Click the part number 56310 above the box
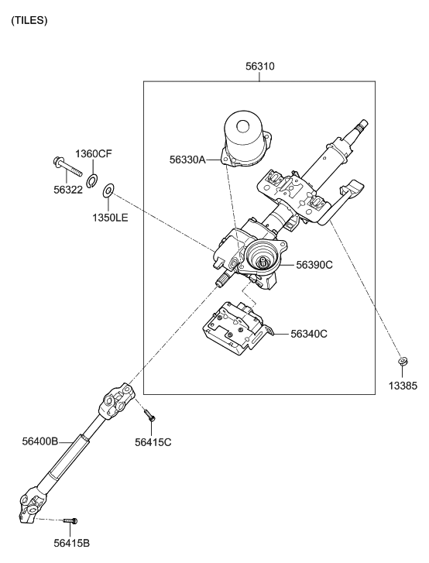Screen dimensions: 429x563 pos(260,67)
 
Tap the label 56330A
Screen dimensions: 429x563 pos(187,160)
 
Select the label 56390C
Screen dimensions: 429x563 pos(314,265)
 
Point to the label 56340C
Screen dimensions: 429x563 pos(309,334)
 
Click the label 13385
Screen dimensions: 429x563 pos(403,386)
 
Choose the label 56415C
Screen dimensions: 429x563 pos(153,442)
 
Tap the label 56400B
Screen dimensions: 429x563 pos(40,441)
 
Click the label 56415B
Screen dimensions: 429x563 pos(72,544)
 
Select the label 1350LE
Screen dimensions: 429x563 pos(110,218)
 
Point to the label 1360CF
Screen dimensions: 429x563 pos(94,153)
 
